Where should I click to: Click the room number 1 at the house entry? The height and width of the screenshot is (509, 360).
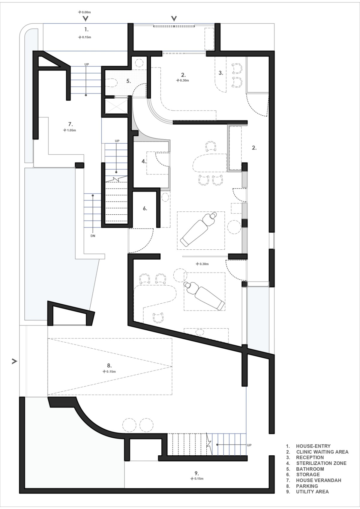point(86,29)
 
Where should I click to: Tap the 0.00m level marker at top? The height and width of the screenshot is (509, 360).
point(85,12)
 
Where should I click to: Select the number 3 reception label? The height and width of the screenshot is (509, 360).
point(221,73)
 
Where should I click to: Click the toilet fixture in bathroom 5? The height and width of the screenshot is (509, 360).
point(110,83)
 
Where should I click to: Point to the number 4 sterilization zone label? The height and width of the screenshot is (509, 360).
point(144,161)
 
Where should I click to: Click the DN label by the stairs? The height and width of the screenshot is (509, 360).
point(93,236)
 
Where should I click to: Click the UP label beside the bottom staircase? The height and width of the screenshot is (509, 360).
point(249,445)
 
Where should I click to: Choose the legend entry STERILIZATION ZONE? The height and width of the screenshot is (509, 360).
point(321,463)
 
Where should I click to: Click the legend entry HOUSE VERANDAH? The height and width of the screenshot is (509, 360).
point(319,480)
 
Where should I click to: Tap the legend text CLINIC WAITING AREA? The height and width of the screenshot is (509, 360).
point(322,452)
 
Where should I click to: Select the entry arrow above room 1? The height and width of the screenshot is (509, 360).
point(85,18)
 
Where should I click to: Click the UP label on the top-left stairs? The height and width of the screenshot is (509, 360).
point(87,64)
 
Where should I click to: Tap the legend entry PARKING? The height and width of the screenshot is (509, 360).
point(307,486)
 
